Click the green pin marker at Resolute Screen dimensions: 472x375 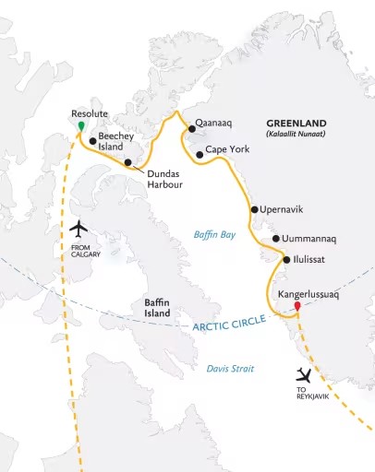coord(81,124)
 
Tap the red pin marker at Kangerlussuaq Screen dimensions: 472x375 coord(296,306)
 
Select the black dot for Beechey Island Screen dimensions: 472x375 coord(91,141)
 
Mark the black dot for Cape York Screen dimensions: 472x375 coord(199,154)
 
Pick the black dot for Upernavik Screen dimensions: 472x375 coord(254,209)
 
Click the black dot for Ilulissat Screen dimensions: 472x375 coord(287,260)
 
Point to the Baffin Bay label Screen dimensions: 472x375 coord(215,235)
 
